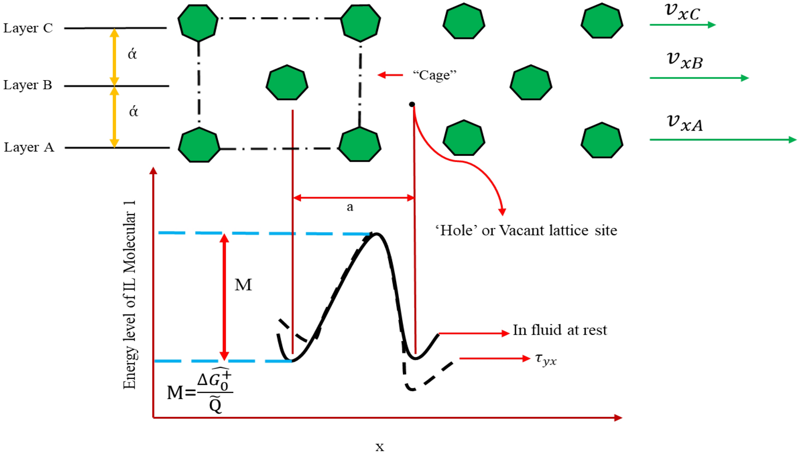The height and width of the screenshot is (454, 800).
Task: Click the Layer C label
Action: coord(28,28)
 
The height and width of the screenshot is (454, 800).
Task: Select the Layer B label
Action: coord(28,85)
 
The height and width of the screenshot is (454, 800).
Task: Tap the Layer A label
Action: coord(29,147)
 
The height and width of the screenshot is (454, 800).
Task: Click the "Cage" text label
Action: coord(434,75)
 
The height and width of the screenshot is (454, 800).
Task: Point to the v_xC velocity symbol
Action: coord(682,12)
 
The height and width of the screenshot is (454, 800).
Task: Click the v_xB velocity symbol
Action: coord(684,61)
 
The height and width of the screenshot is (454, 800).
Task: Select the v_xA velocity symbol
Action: coord(684,123)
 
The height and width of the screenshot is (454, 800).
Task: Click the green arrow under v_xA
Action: coord(722,140)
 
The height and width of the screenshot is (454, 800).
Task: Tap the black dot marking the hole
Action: coord(412,104)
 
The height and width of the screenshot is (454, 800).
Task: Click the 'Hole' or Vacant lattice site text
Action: coord(526,231)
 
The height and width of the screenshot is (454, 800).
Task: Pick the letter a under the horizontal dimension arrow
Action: coord(350,207)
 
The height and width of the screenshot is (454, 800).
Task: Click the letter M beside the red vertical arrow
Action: coord(243,285)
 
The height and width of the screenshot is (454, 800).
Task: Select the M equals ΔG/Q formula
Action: coord(199,391)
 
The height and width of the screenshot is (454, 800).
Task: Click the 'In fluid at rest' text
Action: coord(559,330)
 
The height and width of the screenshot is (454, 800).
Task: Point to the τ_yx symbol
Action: coord(545,359)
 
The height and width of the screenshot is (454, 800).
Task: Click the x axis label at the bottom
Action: coord(380,447)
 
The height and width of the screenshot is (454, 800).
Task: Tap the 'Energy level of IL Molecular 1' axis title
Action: coord(130,295)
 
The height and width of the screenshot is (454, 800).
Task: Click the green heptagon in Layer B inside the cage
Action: coord(287,83)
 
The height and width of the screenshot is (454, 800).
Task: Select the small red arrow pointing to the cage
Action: coord(390,75)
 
